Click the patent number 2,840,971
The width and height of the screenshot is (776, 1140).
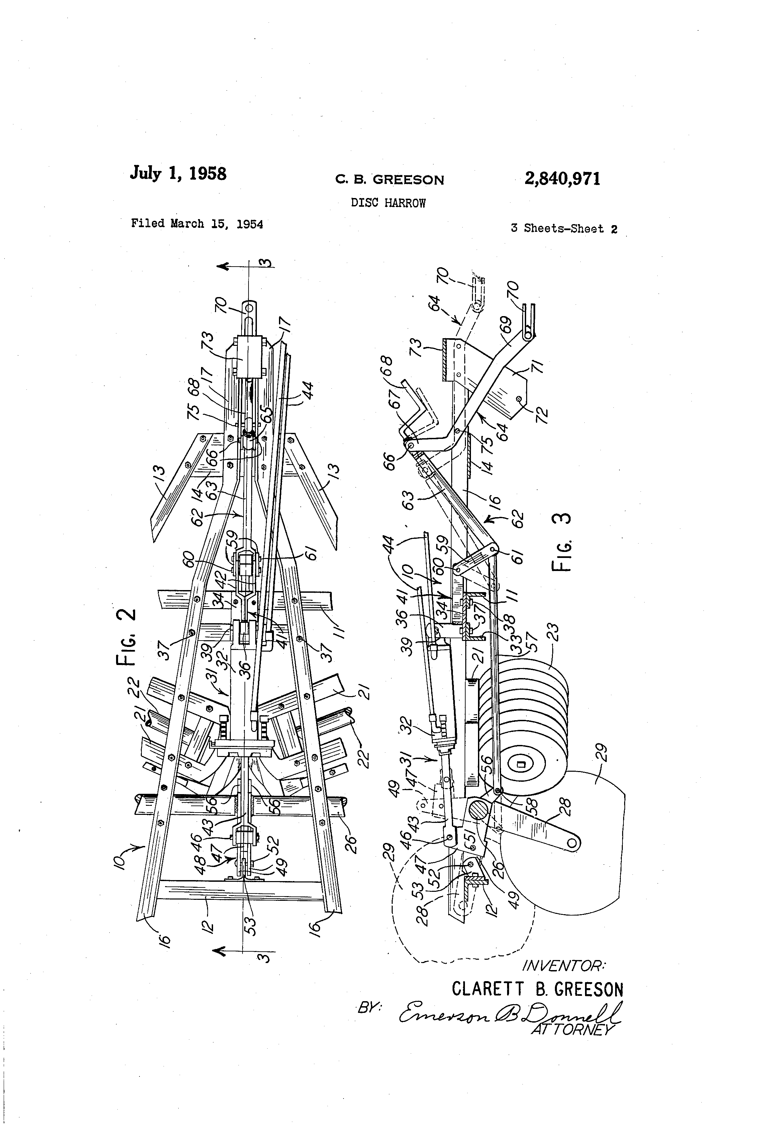(562, 179)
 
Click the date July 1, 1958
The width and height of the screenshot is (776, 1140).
(178, 174)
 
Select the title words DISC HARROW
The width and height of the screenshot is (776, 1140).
(388, 203)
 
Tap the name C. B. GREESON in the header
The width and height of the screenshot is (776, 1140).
(389, 180)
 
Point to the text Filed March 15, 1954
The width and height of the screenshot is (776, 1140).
(197, 224)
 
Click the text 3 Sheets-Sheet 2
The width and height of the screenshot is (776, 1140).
(564, 228)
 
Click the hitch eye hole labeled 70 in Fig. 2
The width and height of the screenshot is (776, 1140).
(249, 308)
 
